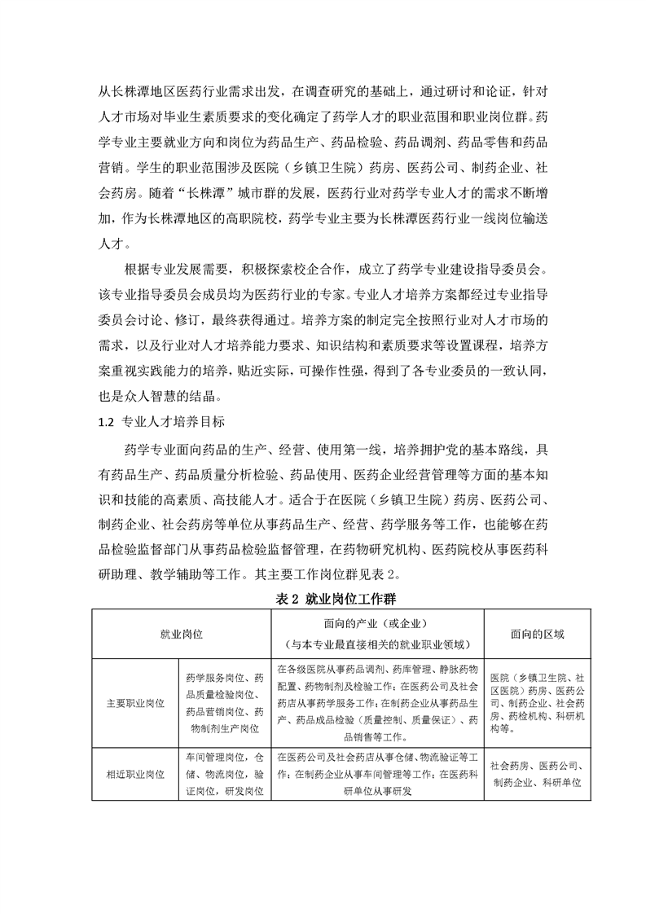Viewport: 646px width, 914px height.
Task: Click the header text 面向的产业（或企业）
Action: coord(376,624)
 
